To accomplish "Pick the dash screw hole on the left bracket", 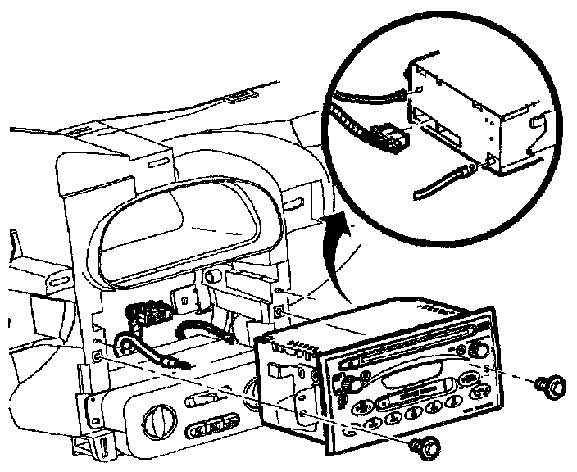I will click(x=98, y=356).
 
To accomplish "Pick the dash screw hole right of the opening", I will click(x=280, y=311).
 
